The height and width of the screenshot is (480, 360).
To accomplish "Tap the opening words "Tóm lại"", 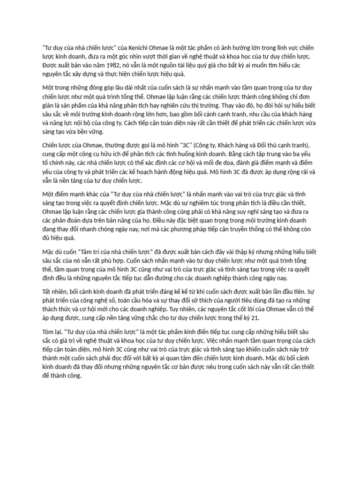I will [x=53, y=332].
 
